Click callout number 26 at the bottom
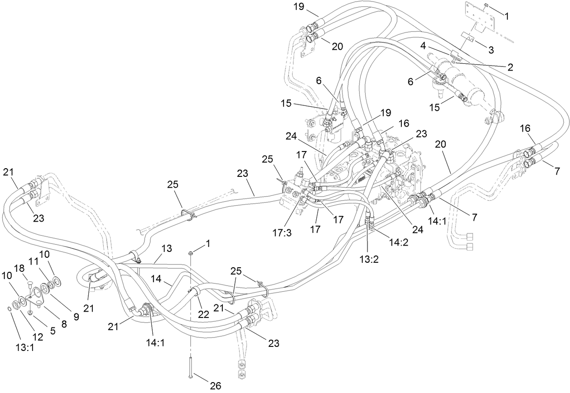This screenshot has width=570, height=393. click(215, 386)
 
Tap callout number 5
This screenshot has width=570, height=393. click(53, 330)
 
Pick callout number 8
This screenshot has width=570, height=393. click(63, 324)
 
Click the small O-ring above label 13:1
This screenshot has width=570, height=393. click(10, 308)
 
